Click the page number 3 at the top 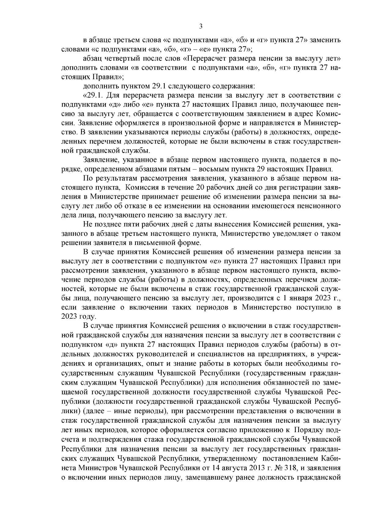pos(201,26)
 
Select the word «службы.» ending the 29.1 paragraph pos(138,150)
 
